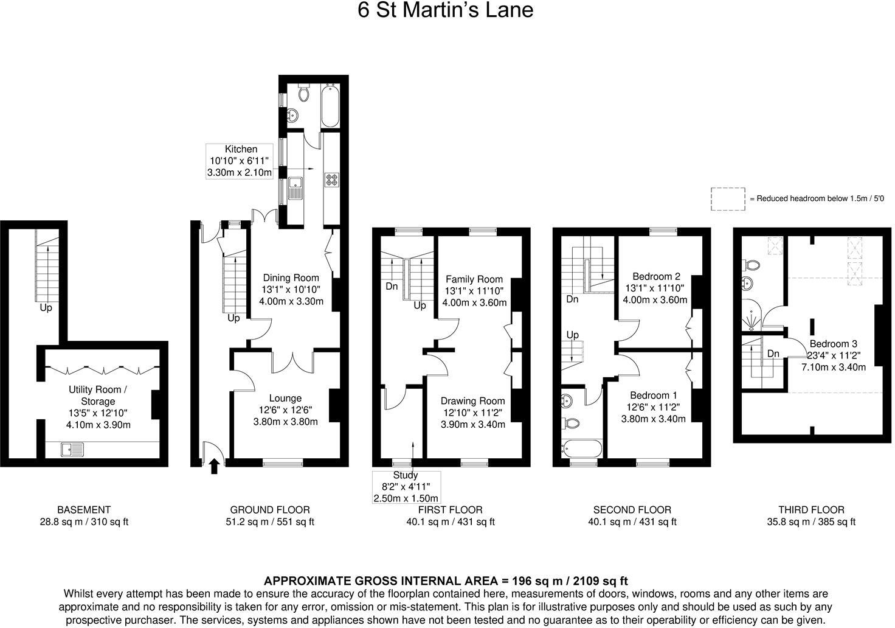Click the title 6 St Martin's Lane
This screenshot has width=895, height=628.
pos(445,11)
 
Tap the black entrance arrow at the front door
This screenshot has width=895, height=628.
pos(214,466)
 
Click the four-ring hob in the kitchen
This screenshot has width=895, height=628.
pos(332,180)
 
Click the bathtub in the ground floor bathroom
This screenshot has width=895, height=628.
pos(330,107)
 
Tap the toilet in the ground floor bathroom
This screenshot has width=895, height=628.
pos(304,93)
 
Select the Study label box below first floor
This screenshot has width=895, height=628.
pos(406,487)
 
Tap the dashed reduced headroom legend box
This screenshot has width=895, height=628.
pos(728,199)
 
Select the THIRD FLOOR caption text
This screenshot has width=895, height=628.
pos(811,510)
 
